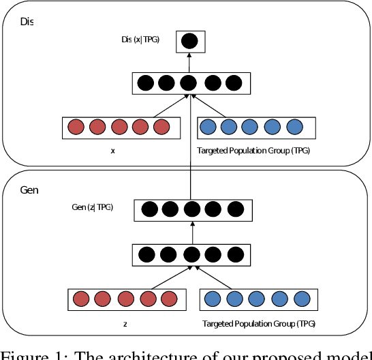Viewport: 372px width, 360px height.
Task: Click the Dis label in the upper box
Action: (26, 21)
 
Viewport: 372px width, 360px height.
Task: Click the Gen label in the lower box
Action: (29, 189)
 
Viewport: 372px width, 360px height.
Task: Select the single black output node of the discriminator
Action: (190, 42)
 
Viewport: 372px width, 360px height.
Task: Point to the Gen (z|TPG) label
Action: (93, 207)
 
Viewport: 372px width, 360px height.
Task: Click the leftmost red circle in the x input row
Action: (76, 127)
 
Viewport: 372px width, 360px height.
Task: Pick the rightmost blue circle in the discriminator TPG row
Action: (294, 127)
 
